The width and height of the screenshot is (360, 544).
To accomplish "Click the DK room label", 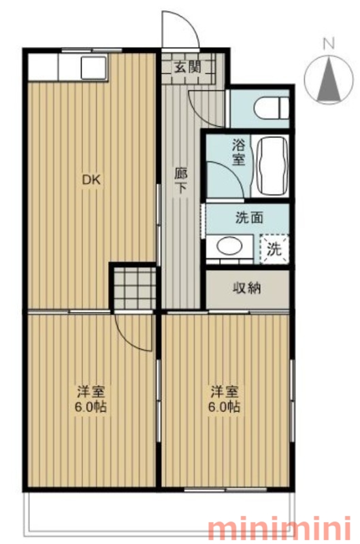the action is coord(91,180).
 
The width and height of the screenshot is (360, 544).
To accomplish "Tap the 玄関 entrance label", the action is coord(187,67).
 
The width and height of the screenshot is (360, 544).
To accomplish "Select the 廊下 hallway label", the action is coord(181,180).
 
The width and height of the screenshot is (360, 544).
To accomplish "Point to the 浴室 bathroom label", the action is coord(239,152).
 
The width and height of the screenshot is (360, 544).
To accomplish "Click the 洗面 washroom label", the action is coord(249,218).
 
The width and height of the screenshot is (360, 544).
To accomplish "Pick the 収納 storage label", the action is coord(247,288).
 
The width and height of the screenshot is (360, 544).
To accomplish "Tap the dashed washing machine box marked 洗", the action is coord(274,249).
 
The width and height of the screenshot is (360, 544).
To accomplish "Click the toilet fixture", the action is coord(271,107).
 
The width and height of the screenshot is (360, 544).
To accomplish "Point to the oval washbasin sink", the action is coord(229,245).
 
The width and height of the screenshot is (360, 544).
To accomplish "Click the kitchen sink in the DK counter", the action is coord(94,67).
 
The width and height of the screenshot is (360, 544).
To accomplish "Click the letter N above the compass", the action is coord(329,44).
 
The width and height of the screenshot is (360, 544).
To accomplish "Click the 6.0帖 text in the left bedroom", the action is coord(91,406).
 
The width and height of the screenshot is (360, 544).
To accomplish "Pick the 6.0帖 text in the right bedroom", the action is coord(225,406).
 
